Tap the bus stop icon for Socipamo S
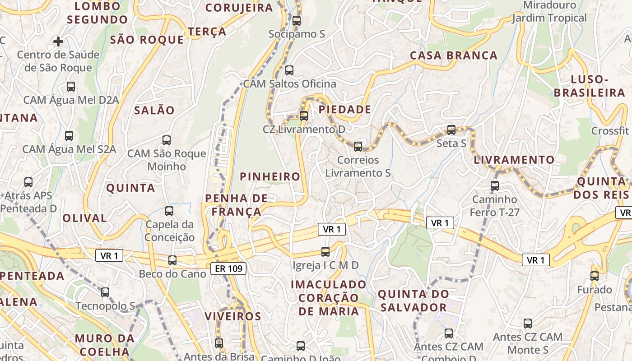tap(297, 20)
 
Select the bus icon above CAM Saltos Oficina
tap(289, 70)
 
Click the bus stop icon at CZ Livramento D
tap(304, 116)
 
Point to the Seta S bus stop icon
tap(451, 130)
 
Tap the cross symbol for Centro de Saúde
tap(58, 42)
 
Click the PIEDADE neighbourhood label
tap(345, 110)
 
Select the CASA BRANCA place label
tap(453, 56)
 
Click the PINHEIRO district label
tap(270, 177)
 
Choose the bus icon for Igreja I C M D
tap(325, 251)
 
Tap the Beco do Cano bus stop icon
tap(172, 260)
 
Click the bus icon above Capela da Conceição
tap(169, 211)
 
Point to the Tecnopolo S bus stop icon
tap(105, 292)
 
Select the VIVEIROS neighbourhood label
tap(233, 316)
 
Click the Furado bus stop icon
tap(595, 276)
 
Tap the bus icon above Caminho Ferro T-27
tap(495, 185)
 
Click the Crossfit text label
tap(610, 131)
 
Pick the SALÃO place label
tap(154, 110)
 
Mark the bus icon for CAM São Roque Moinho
tap(167, 140)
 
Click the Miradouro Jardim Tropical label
tap(549, 12)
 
